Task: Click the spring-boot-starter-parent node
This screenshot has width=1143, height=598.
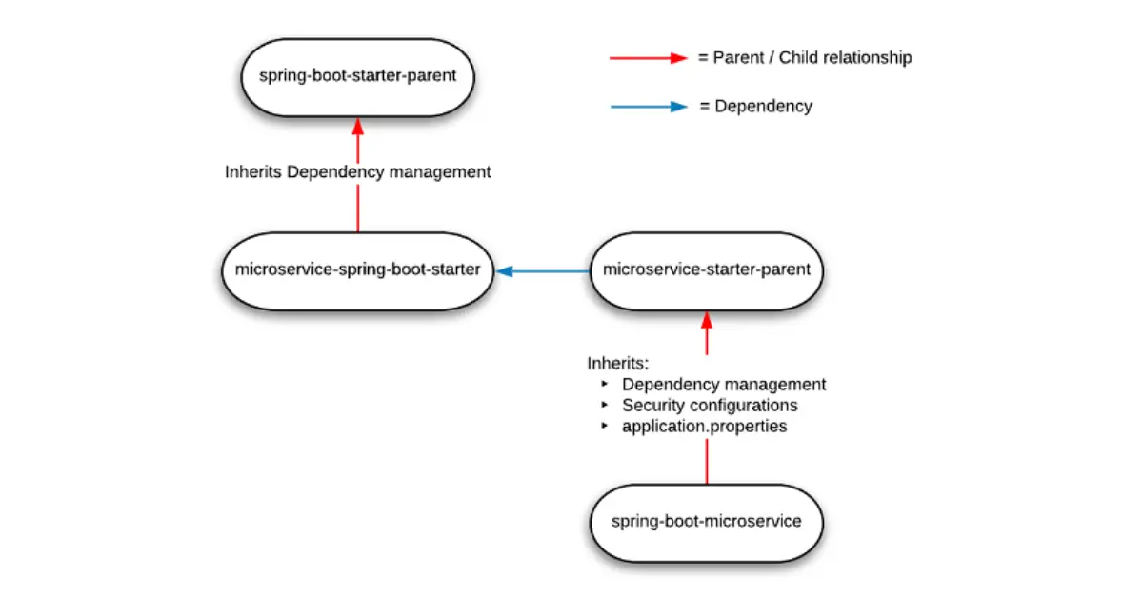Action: coord(357,77)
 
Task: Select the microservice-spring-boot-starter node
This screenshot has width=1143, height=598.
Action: coord(357,270)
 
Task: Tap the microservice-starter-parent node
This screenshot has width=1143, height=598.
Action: coord(707,270)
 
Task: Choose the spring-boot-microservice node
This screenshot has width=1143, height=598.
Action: coord(707,522)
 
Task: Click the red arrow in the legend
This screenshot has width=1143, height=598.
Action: coord(648,58)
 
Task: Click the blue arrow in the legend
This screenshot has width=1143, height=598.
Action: coord(648,107)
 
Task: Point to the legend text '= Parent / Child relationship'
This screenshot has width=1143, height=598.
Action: coord(805,58)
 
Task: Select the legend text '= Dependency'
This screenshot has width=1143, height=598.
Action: coord(756,107)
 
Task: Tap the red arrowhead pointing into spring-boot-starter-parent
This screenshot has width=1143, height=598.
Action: coord(358,126)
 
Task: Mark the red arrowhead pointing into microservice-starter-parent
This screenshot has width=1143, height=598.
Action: coord(707,319)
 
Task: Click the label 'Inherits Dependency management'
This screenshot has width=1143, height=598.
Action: coord(358,172)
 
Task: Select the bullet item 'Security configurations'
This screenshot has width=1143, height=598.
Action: coord(710,406)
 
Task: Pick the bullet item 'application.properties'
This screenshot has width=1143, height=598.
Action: coord(705,427)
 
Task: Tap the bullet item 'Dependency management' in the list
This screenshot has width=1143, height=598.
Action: coord(724,385)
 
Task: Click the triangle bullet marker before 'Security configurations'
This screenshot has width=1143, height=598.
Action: coord(605,406)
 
